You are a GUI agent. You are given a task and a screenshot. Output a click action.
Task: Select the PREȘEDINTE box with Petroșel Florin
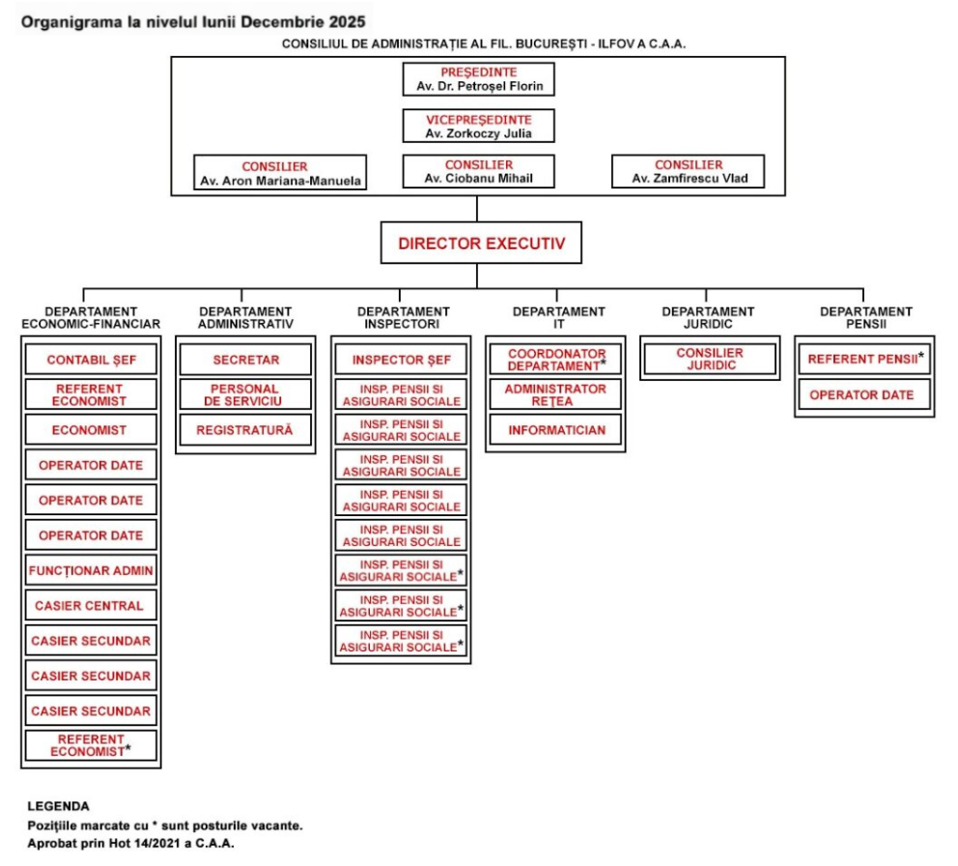[x=478, y=79]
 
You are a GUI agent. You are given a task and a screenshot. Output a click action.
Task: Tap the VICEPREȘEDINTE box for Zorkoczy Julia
[x=478, y=126]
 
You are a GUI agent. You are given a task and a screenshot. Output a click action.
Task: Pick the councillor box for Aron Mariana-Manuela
[x=280, y=173]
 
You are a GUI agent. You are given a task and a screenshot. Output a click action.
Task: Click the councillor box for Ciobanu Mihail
[x=478, y=172]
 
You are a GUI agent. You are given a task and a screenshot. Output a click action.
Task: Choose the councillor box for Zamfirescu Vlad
[x=688, y=172]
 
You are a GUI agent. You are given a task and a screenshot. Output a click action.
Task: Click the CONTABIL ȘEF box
[x=91, y=361]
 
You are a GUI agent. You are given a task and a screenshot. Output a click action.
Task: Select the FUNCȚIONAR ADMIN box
[x=91, y=571]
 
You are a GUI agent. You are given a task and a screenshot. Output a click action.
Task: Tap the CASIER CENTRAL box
[x=91, y=606]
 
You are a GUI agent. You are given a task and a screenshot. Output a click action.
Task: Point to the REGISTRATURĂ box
[x=244, y=430]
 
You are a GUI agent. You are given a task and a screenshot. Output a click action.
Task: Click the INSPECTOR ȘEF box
[x=401, y=361]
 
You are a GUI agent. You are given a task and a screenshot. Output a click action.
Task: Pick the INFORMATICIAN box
[x=556, y=430]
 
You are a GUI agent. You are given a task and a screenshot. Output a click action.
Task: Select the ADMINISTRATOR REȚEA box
[x=556, y=395]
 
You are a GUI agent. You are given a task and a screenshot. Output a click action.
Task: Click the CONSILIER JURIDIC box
[x=710, y=361]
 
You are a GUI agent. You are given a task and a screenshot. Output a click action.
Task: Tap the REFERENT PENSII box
[x=863, y=361]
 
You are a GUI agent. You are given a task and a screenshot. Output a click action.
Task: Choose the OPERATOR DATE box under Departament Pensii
[x=863, y=395]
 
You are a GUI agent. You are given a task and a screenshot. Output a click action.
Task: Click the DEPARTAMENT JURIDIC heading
[x=708, y=317]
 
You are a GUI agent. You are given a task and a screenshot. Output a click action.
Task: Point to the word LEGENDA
[x=58, y=805]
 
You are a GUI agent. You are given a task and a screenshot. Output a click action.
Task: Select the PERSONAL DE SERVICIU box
[x=244, y=395]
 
